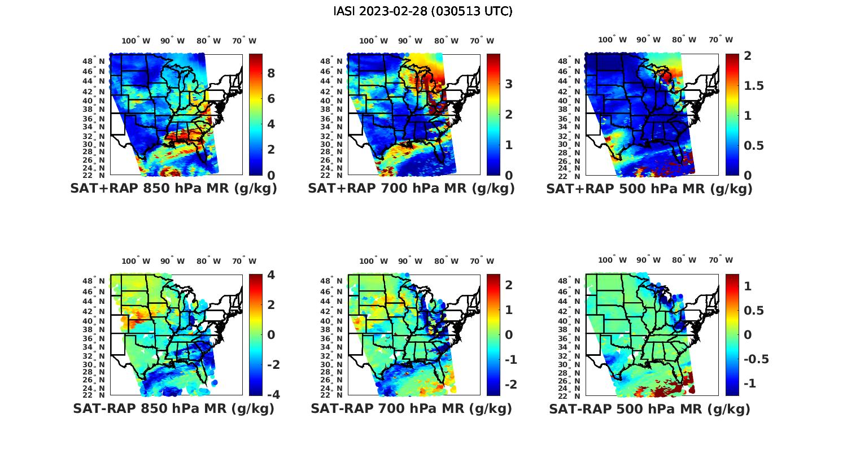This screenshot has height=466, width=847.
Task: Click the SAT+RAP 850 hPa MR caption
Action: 173,189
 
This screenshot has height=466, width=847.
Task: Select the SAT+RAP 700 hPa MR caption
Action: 411,189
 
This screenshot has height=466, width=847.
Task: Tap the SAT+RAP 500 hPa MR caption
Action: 649,189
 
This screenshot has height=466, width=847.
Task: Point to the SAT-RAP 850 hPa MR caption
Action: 173,408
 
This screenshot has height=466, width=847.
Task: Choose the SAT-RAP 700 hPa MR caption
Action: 411,408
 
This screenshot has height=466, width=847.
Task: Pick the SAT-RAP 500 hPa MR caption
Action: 649,408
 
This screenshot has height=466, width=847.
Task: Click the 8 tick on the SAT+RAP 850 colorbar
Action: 271,73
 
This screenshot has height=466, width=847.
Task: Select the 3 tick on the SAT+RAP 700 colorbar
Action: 509,84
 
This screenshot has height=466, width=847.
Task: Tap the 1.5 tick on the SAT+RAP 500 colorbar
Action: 754,86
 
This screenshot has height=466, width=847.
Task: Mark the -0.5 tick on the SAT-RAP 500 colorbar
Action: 756,359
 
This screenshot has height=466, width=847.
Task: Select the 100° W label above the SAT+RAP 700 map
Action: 373,41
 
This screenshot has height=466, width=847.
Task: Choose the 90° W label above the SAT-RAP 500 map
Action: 648,260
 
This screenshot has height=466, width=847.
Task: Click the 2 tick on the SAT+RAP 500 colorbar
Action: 747,56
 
